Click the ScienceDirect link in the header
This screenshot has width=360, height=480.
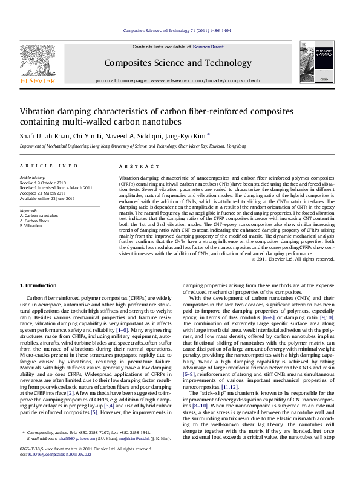208,47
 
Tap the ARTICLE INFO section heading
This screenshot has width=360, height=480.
48,166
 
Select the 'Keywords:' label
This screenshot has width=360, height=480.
30,210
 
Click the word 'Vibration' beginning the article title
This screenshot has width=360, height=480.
41,111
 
